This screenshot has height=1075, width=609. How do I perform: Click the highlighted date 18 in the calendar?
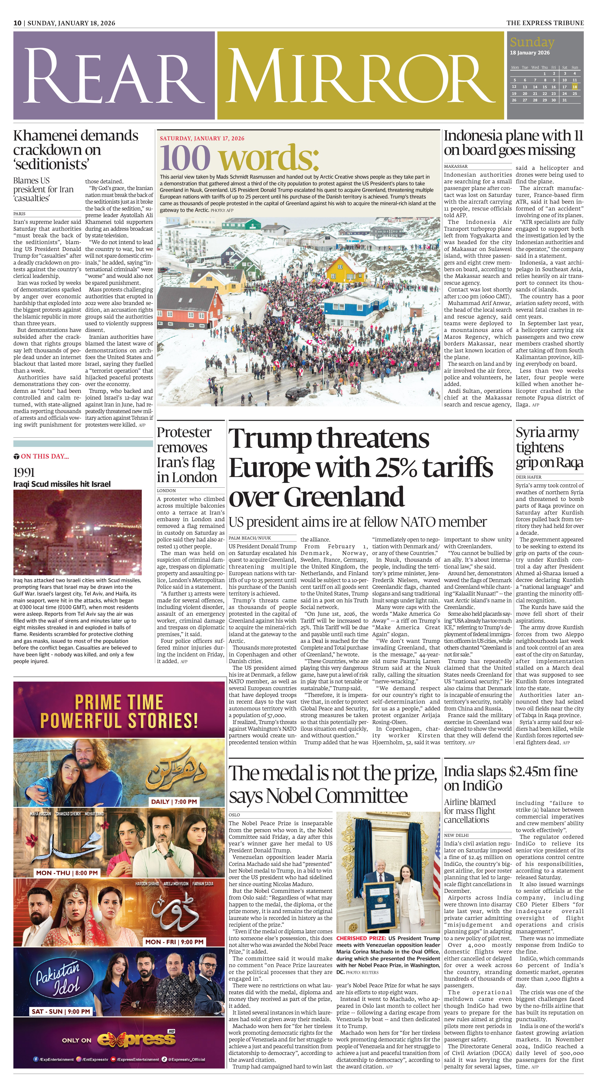[x=575, y=87]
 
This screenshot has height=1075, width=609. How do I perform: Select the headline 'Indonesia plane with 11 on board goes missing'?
[x=513, y=143]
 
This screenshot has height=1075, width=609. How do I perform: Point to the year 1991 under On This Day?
[x=24, y=472]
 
